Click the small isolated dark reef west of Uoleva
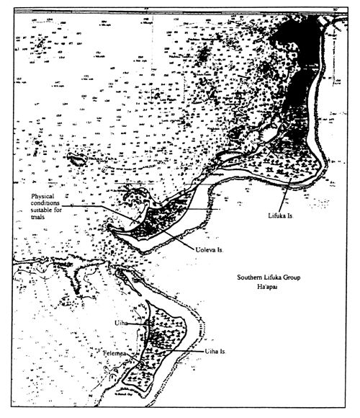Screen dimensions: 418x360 pyautogui.click(x=74, y=156)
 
